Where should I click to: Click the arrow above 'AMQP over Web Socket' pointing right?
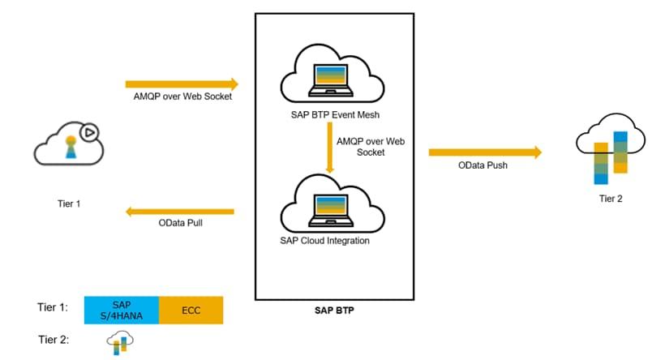point(182,84)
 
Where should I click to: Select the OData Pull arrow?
point(179,212)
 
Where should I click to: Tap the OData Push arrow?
point(484,152)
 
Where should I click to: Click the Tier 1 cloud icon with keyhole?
point(66,146)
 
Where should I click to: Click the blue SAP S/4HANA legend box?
point(122,310)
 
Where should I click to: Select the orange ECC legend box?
point(191,310)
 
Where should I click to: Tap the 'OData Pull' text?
point(180,223)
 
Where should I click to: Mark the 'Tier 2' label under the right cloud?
point(607,198)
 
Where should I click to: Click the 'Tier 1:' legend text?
point(52,309)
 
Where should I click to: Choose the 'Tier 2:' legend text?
point(52,341)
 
